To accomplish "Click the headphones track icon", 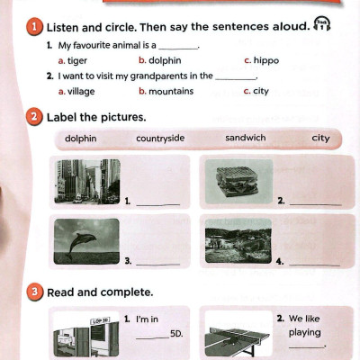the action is [x=321, y=23].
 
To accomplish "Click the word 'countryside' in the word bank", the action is [x=160, y=139].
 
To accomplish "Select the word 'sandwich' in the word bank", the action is [x=246, y=138].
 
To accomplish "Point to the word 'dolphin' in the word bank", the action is [x=81, y=139].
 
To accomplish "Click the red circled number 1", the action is [x=34, y=27].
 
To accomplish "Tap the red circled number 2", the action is [x=34, y=116].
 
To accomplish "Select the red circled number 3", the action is [x=35, y=292].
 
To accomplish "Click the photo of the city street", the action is [x=87, y=182].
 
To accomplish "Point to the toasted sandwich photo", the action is [x=238, y=182].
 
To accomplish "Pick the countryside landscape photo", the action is [x=238, y=241].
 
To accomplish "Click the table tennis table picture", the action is [x=238, y=340].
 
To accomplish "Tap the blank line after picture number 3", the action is [x=158, y=265].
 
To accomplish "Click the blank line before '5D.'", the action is [x=152, y=338].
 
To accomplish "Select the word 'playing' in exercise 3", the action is [x=305, y=333].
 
